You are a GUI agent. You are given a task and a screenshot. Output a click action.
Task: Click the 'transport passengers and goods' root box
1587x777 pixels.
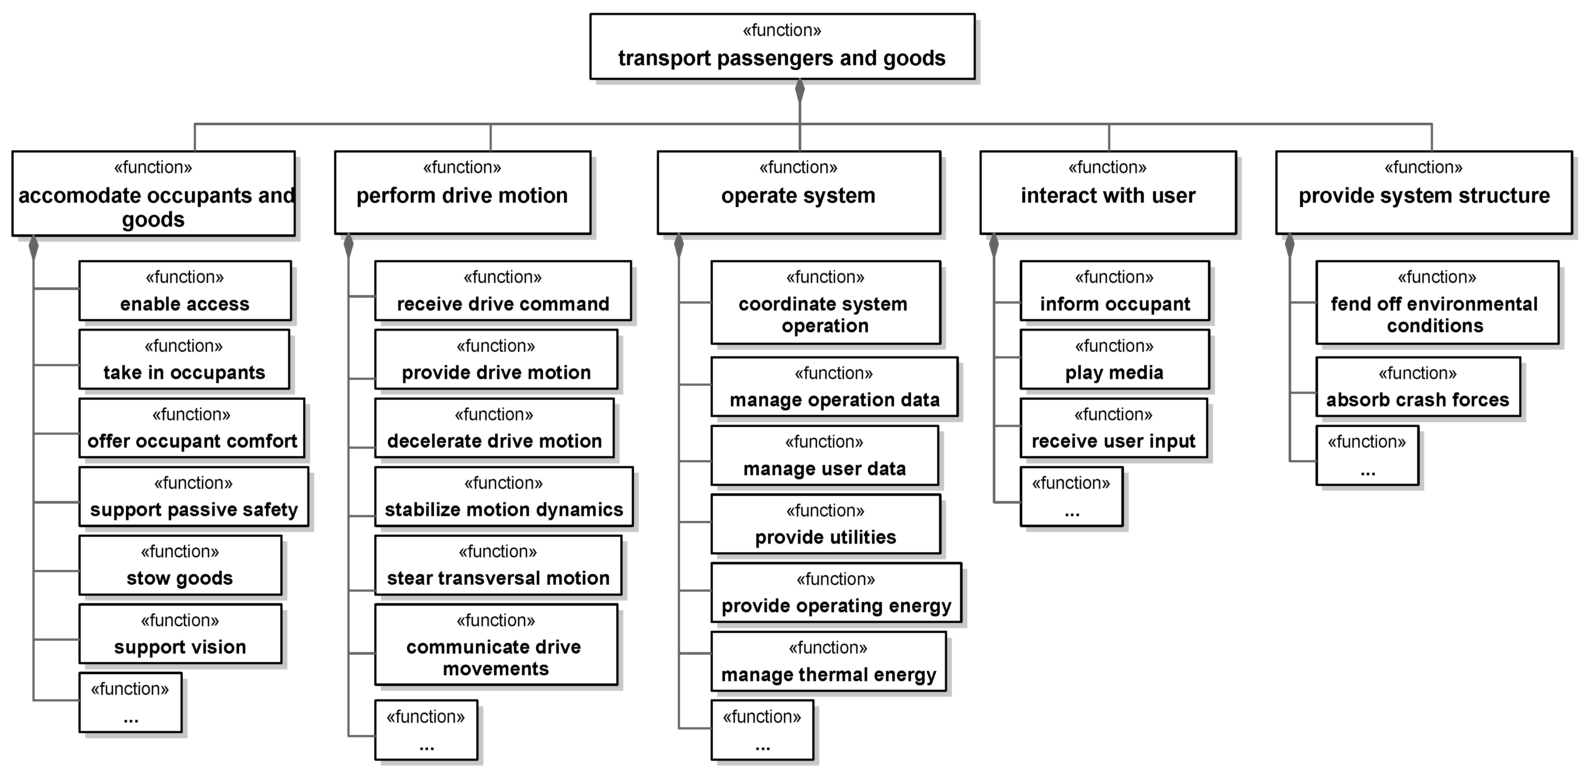point(782,47)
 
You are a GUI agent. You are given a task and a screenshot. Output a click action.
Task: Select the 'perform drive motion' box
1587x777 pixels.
point(462,193)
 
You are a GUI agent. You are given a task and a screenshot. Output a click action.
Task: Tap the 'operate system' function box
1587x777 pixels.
point(798,193)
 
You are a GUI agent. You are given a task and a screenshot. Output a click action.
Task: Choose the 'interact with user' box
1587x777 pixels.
point(1108,193)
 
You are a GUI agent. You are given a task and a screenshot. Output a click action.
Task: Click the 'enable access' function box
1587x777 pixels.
point(185,291)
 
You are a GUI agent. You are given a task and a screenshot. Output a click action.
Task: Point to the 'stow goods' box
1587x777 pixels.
point(180,565)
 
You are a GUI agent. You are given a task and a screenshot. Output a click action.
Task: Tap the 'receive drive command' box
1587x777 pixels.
point(503,291)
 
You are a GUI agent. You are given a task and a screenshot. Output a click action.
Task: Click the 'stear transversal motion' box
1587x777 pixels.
point(498,565)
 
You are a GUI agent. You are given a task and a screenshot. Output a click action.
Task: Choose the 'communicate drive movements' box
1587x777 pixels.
point(495,644)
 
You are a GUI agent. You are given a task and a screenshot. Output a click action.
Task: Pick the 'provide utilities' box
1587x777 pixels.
point(826,524)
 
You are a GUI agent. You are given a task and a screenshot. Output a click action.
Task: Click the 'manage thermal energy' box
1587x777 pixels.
point(828,662)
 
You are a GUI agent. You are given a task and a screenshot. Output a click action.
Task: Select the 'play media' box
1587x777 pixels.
point(1114,359)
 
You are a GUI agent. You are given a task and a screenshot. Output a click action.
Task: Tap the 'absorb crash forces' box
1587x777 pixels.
point(1418,387)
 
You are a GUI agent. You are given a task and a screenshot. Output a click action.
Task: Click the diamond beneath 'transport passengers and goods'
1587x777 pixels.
point(800,91)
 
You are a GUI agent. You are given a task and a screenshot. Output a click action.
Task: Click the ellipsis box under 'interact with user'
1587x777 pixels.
point(1071,497)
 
